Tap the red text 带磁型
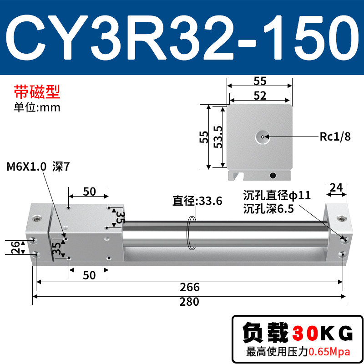(37, 92)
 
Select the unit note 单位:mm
(37, 107)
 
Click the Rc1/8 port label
(335, 136)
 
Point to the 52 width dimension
(260, 96)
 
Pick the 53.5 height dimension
(218, 137)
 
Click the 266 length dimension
(189, 287)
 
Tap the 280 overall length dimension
(189, 302)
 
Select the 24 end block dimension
(336, 187)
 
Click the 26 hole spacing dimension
(15, 248)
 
